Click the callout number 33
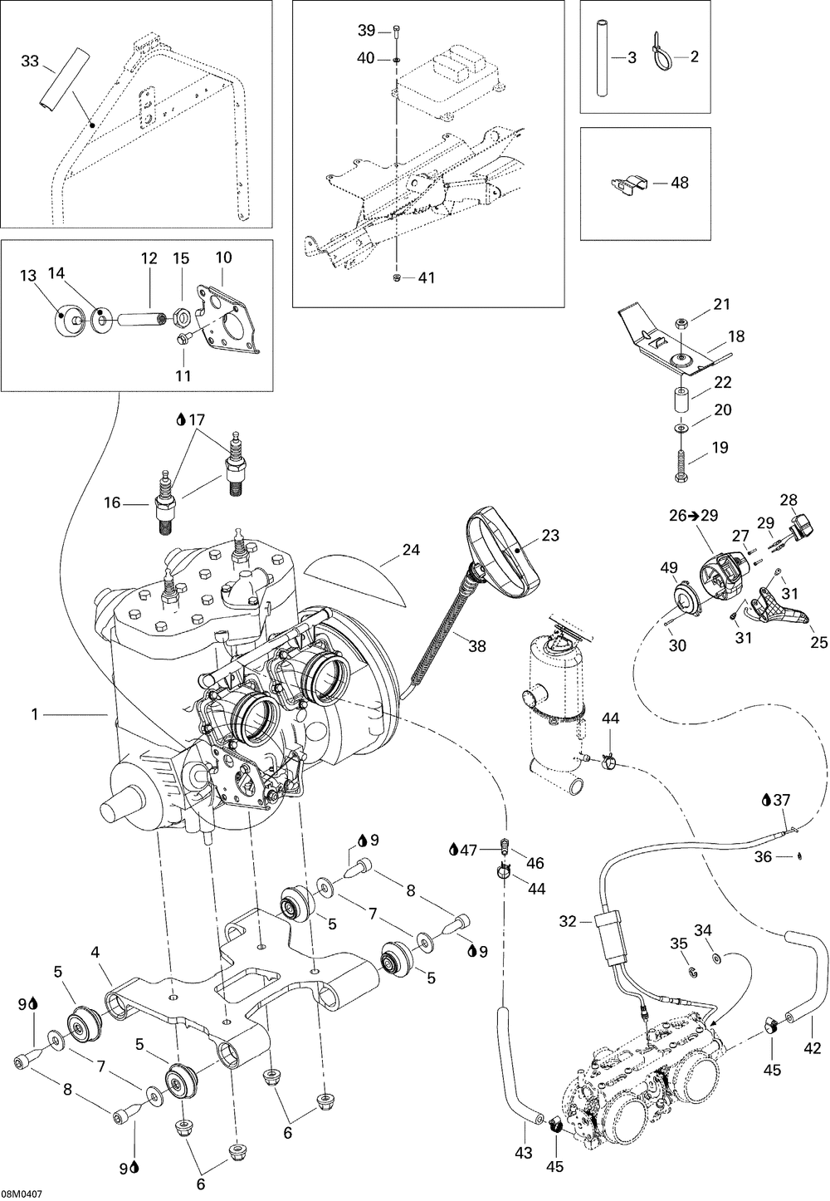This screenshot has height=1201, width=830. coord(30,61)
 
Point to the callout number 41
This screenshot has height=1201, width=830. coord(427,278)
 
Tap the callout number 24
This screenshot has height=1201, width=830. coord(411,549)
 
